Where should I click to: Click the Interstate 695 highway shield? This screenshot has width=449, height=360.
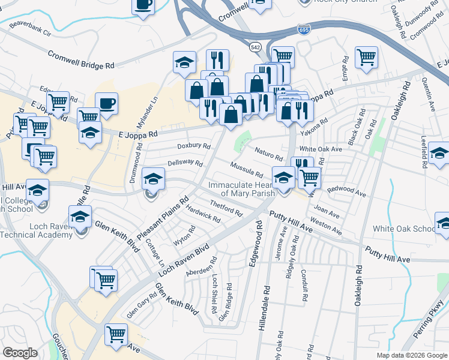[x=303, y=29]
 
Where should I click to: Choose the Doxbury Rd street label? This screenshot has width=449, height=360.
[x=193, y=146]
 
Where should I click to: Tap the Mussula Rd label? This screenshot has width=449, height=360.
[x=247, y=170]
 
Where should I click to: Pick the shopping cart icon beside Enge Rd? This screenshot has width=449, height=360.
[x=366, y=58]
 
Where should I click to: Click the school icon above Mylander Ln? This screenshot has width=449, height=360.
[x=184, y=61]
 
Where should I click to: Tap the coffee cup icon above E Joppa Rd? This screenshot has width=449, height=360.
[x=106, y=103]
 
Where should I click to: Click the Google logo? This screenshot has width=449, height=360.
[x=20, y=353]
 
